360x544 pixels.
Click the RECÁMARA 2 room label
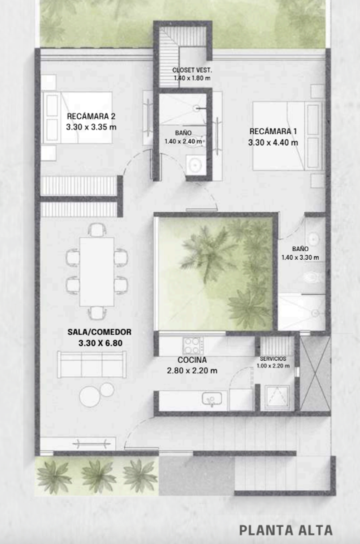point(91,117)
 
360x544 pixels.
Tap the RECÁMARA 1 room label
point(273,131)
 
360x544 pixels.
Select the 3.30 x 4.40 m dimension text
point(273,142)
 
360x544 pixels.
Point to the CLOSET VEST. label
point(192,70)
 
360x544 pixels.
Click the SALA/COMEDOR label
point(99,332)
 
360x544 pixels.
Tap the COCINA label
point(192,360)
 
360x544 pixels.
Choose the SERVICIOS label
point(273,359)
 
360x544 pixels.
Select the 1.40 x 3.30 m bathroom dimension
point(300,257)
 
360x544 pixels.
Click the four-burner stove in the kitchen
point(193,346)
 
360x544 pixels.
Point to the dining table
point(97,272)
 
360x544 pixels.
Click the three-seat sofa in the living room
point(92,364)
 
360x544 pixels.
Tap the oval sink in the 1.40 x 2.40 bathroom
point(195,165)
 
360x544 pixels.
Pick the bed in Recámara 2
point(77,117)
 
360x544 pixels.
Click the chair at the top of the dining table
point(97,230)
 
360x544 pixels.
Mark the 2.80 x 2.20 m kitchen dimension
point(192,371)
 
